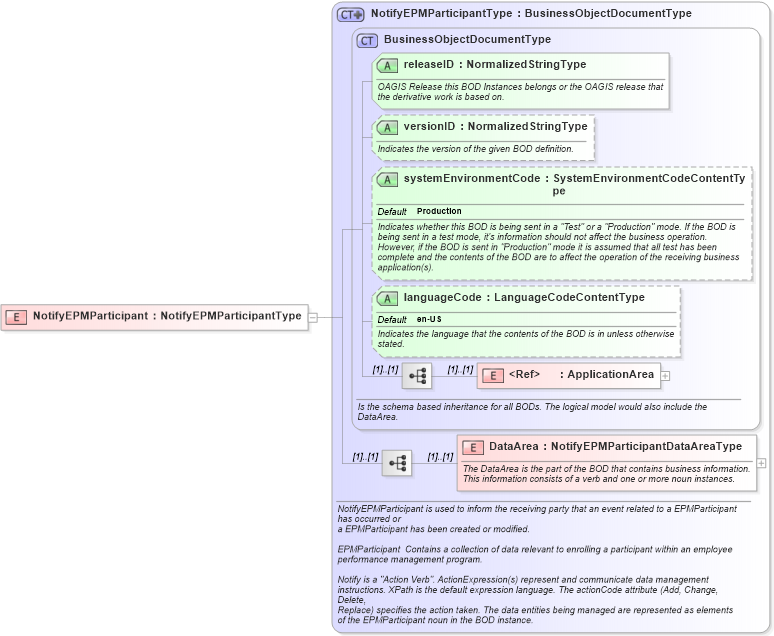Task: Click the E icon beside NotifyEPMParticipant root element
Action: [x=16, y=316]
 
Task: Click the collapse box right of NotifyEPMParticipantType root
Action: [x=313, y=317]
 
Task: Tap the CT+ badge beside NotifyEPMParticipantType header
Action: [x=350, y=14]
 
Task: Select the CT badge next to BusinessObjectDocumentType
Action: [x=367, y=40]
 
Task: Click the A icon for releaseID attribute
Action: [x=387, y=65]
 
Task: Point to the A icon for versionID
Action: [x=387, y=127]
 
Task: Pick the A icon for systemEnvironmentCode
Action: [x=387, y=180]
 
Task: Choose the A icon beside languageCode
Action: [x=387, y=298]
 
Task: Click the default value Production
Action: [x=439, y=211]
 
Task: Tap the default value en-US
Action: [x=429, y=319]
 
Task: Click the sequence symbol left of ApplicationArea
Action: [x=417, y=376]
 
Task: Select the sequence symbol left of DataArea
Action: [x=397, y=463]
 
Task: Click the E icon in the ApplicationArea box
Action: [x=492, y=376]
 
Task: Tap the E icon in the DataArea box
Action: [x=472, y=447]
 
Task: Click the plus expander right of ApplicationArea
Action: [x=665, y=376]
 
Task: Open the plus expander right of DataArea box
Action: [x=762, y=463]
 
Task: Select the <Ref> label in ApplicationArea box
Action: [x=524, y=375]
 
